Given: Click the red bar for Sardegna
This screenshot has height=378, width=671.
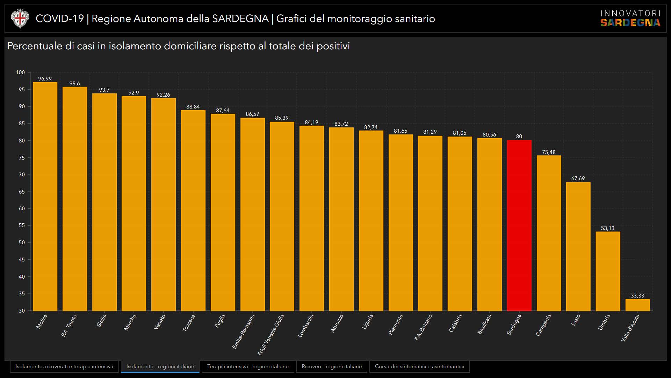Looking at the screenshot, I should [519, 225].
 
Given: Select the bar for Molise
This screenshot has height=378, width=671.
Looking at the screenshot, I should [45, 196].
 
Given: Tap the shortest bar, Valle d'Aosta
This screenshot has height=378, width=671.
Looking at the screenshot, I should [637, 305].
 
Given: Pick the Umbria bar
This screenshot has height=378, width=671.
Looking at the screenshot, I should [608, 271].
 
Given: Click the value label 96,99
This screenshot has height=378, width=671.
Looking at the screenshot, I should [45, 79].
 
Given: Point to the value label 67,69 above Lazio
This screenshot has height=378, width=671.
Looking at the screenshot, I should [578, 178].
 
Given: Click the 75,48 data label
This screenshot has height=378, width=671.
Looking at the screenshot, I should [549, 152].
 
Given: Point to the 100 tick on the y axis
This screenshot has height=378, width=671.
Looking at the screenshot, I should [20, 72].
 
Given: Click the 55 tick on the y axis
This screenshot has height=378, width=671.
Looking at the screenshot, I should [22, 225].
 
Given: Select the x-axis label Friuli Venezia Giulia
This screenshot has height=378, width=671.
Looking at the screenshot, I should [271, 335].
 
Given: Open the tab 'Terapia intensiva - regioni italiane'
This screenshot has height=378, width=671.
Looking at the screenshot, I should [248, 366].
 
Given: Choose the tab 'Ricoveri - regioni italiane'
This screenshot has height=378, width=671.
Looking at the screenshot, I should [332, 366].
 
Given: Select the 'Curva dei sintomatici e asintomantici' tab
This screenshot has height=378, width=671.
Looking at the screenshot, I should [419, 366].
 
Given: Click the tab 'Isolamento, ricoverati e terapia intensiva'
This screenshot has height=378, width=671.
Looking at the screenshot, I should [64, 366].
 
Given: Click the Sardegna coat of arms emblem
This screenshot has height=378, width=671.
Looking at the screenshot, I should [20, 19].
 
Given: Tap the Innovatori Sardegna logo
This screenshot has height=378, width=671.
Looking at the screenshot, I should [630, 19].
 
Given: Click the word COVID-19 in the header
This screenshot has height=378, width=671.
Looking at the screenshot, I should [60, 19].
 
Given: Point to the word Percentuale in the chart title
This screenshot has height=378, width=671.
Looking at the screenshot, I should [35, 46].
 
